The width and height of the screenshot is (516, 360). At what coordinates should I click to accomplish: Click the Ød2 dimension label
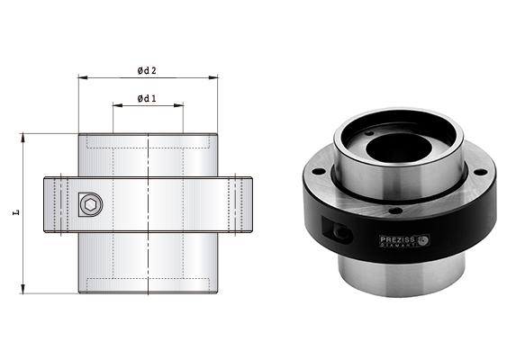(x=147, y=71)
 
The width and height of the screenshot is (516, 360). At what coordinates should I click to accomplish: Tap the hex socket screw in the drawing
(x=88, y=206)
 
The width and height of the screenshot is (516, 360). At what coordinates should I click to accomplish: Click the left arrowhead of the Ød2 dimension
(x=81, y=78)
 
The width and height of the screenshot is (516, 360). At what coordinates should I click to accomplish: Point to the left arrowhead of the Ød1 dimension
(x=115, y=105)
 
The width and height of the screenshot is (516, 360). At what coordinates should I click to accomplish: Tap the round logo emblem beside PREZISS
(x=424, y=239)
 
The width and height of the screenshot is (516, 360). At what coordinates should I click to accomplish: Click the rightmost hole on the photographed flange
(x=480, y=170)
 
